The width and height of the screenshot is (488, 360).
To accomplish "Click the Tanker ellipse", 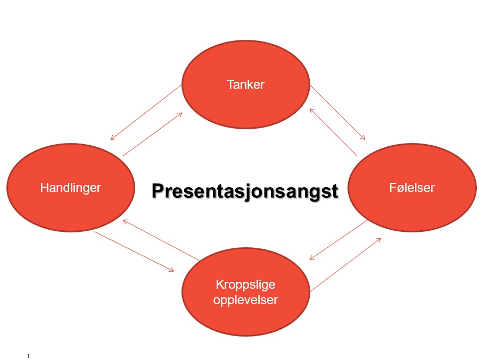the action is click(x=245, y=84).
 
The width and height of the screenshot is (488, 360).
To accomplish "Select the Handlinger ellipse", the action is click(x=71, y=188).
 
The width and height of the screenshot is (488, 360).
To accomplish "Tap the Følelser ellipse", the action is click(x=412, y=188).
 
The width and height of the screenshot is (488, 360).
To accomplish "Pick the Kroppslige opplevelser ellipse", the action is click(x=245, y=291).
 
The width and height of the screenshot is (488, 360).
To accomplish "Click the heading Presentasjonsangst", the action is click(x=245, y=191).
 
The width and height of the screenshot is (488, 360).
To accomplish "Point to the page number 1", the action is click(x=28, y=356).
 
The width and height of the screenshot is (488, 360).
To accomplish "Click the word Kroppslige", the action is click(x=245, y=284).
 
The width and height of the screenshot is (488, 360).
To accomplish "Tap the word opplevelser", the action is click(x=245, y=300).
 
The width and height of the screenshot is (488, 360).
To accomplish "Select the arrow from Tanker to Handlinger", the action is click(x=146, y=112).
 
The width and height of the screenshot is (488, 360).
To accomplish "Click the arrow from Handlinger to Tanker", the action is click(x=153, y=134).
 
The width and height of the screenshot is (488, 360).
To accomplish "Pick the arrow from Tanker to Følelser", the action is click(x=338, y=112).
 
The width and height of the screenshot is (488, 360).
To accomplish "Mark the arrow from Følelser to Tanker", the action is click(x=333, y=132).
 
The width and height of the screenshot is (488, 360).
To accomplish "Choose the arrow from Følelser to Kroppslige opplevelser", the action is click(x=338, y=240).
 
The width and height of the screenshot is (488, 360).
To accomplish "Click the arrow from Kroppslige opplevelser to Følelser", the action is click(x=346, y=265).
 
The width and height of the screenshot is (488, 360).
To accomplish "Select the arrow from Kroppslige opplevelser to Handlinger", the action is click(x=161, y=240).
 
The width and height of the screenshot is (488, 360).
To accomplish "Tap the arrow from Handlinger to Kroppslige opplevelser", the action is click(x=134, y=252).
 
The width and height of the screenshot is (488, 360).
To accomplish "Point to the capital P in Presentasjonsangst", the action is click(x=158, y=190).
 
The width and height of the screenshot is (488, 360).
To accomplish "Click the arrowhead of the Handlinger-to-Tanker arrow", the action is click(x=179, y=114).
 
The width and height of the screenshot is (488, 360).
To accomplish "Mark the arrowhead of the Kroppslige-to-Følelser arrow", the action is click(x=378, y=240).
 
